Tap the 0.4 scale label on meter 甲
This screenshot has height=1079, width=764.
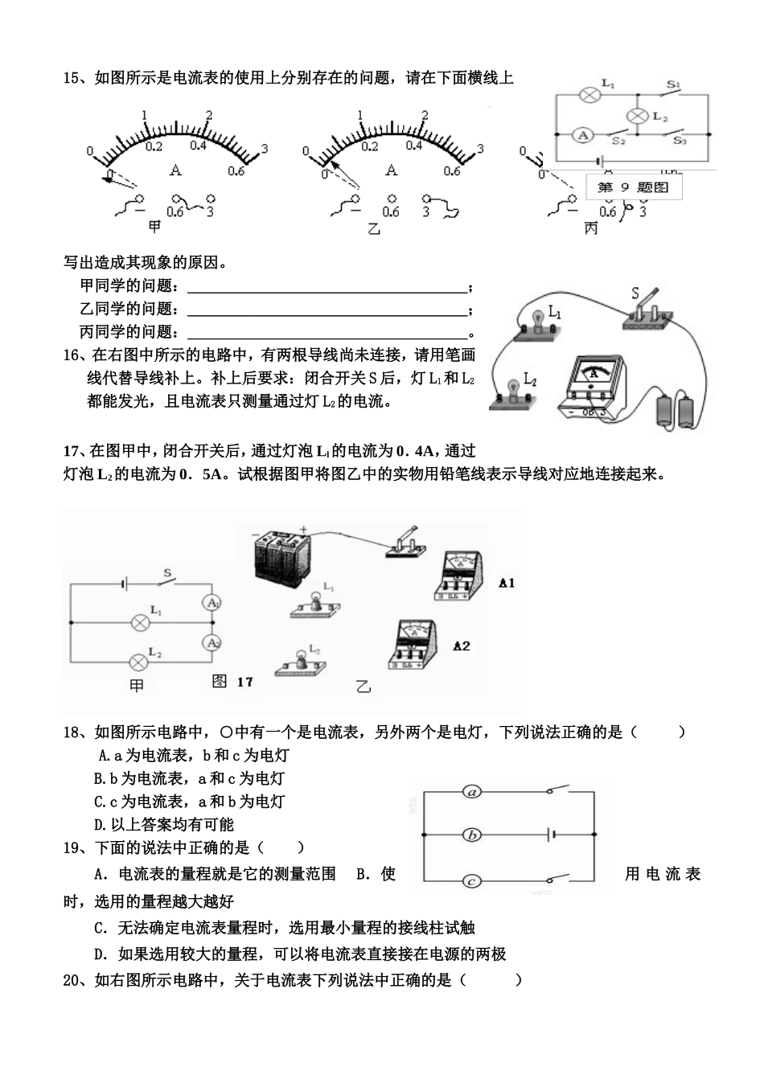click(x=198, y=146)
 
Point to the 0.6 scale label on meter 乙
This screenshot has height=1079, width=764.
click(x=452, y=170)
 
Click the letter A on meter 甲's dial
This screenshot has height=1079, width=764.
click(x=176, y=170)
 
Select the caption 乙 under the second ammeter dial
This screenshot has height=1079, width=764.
click(x=372, y=228)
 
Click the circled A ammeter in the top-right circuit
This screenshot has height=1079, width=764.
click(x=582, y=135)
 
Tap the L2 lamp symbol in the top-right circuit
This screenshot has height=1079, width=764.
click(x=638, y=116)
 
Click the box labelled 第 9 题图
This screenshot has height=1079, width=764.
click(x=633, y=187)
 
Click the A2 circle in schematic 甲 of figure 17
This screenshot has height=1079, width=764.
click(x=211, y=643)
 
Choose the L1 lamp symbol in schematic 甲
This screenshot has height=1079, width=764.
click(x=139, y=622)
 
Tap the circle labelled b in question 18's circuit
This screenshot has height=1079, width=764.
click(x=473, y=835)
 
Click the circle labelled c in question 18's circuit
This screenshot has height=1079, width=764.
click(x=473, y=880)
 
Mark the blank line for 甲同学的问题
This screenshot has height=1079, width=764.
click(x=327, y=287)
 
